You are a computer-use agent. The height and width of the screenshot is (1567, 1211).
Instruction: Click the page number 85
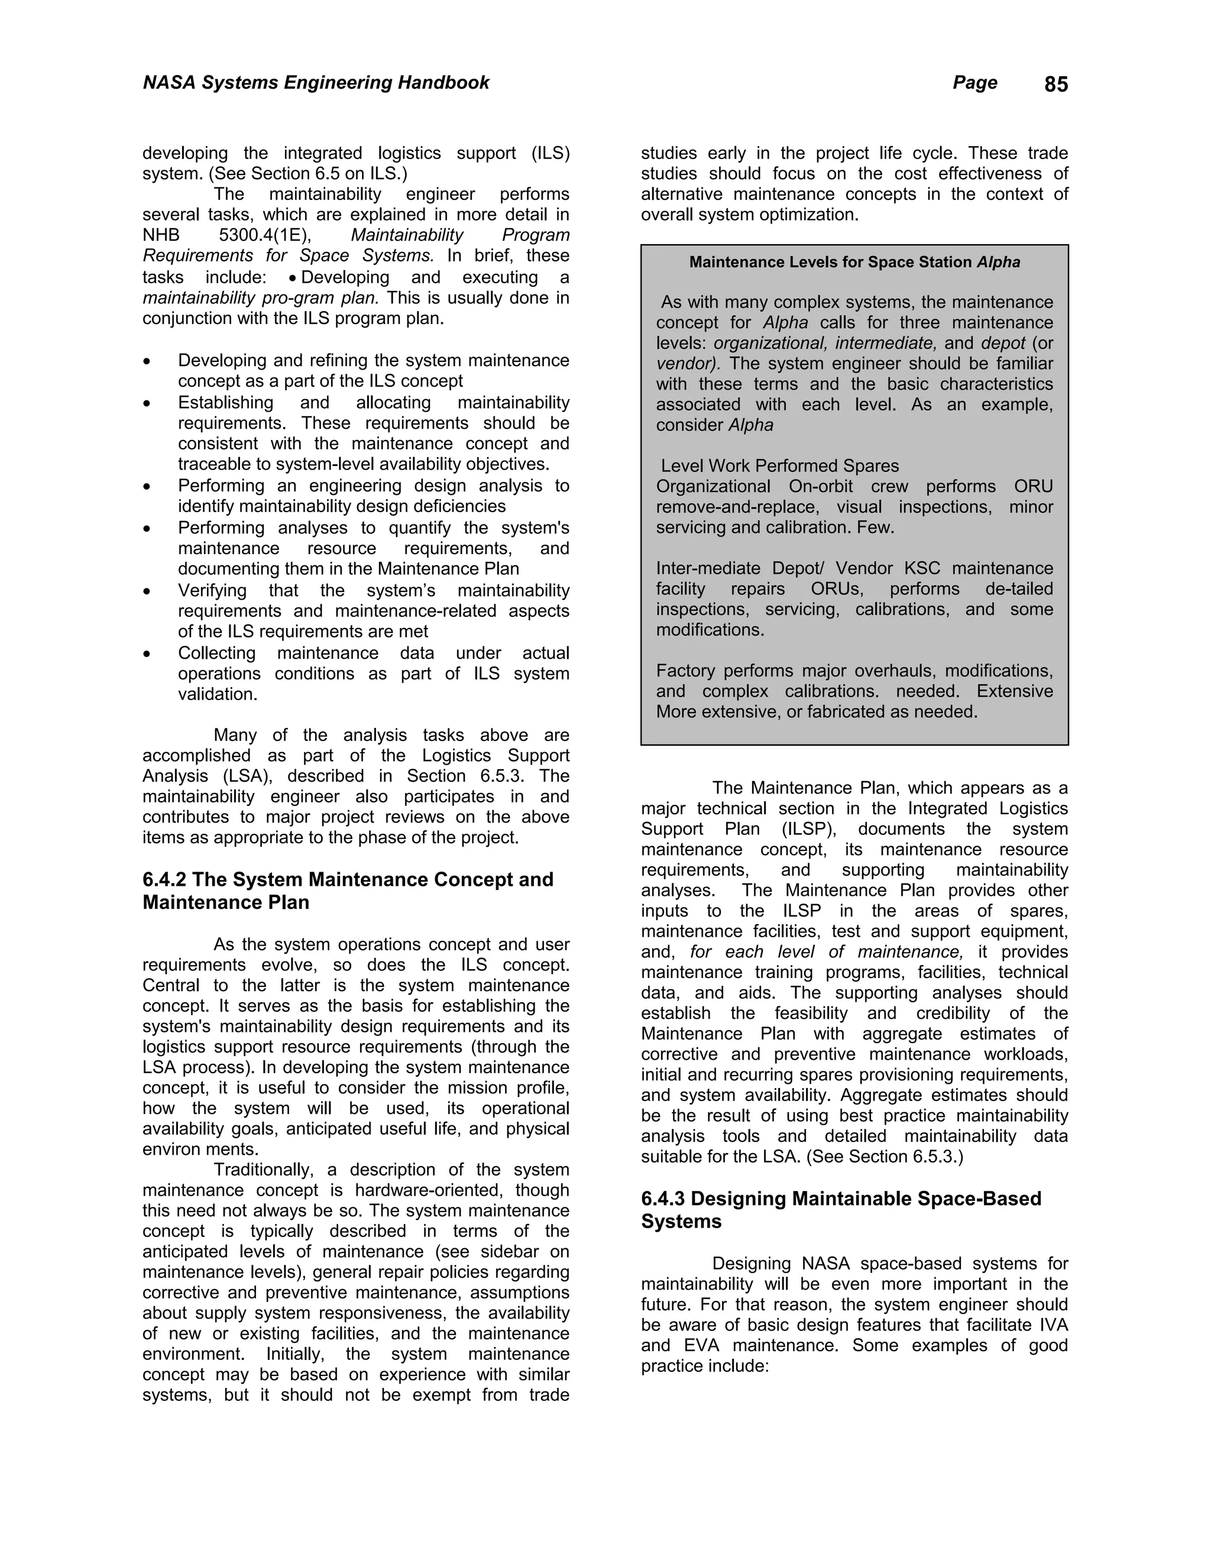[1055, 85]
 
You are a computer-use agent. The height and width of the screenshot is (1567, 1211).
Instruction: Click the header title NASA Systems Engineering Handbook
[316, 83]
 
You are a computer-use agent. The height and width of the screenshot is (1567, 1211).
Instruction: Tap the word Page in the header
[974, 83]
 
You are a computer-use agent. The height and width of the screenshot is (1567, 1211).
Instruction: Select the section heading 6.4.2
[165, 880]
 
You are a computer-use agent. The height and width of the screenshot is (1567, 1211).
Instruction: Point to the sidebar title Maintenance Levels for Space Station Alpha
[854, 262]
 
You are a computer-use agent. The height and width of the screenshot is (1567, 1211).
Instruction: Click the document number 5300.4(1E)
[265, 235]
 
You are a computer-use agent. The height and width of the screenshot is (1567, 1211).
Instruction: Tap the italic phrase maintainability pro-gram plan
[260, 298]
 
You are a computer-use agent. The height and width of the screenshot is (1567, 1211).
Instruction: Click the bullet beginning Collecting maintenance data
[373, 673]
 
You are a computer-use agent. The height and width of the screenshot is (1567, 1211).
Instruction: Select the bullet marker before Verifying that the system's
[147, 591]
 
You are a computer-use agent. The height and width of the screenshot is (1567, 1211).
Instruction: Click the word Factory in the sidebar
[687, 671]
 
